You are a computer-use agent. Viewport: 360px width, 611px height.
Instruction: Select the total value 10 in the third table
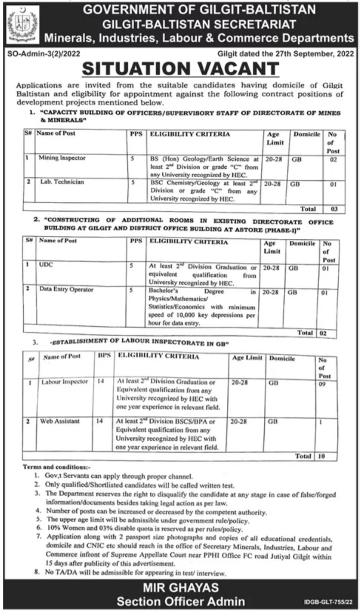tap(322, 457)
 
